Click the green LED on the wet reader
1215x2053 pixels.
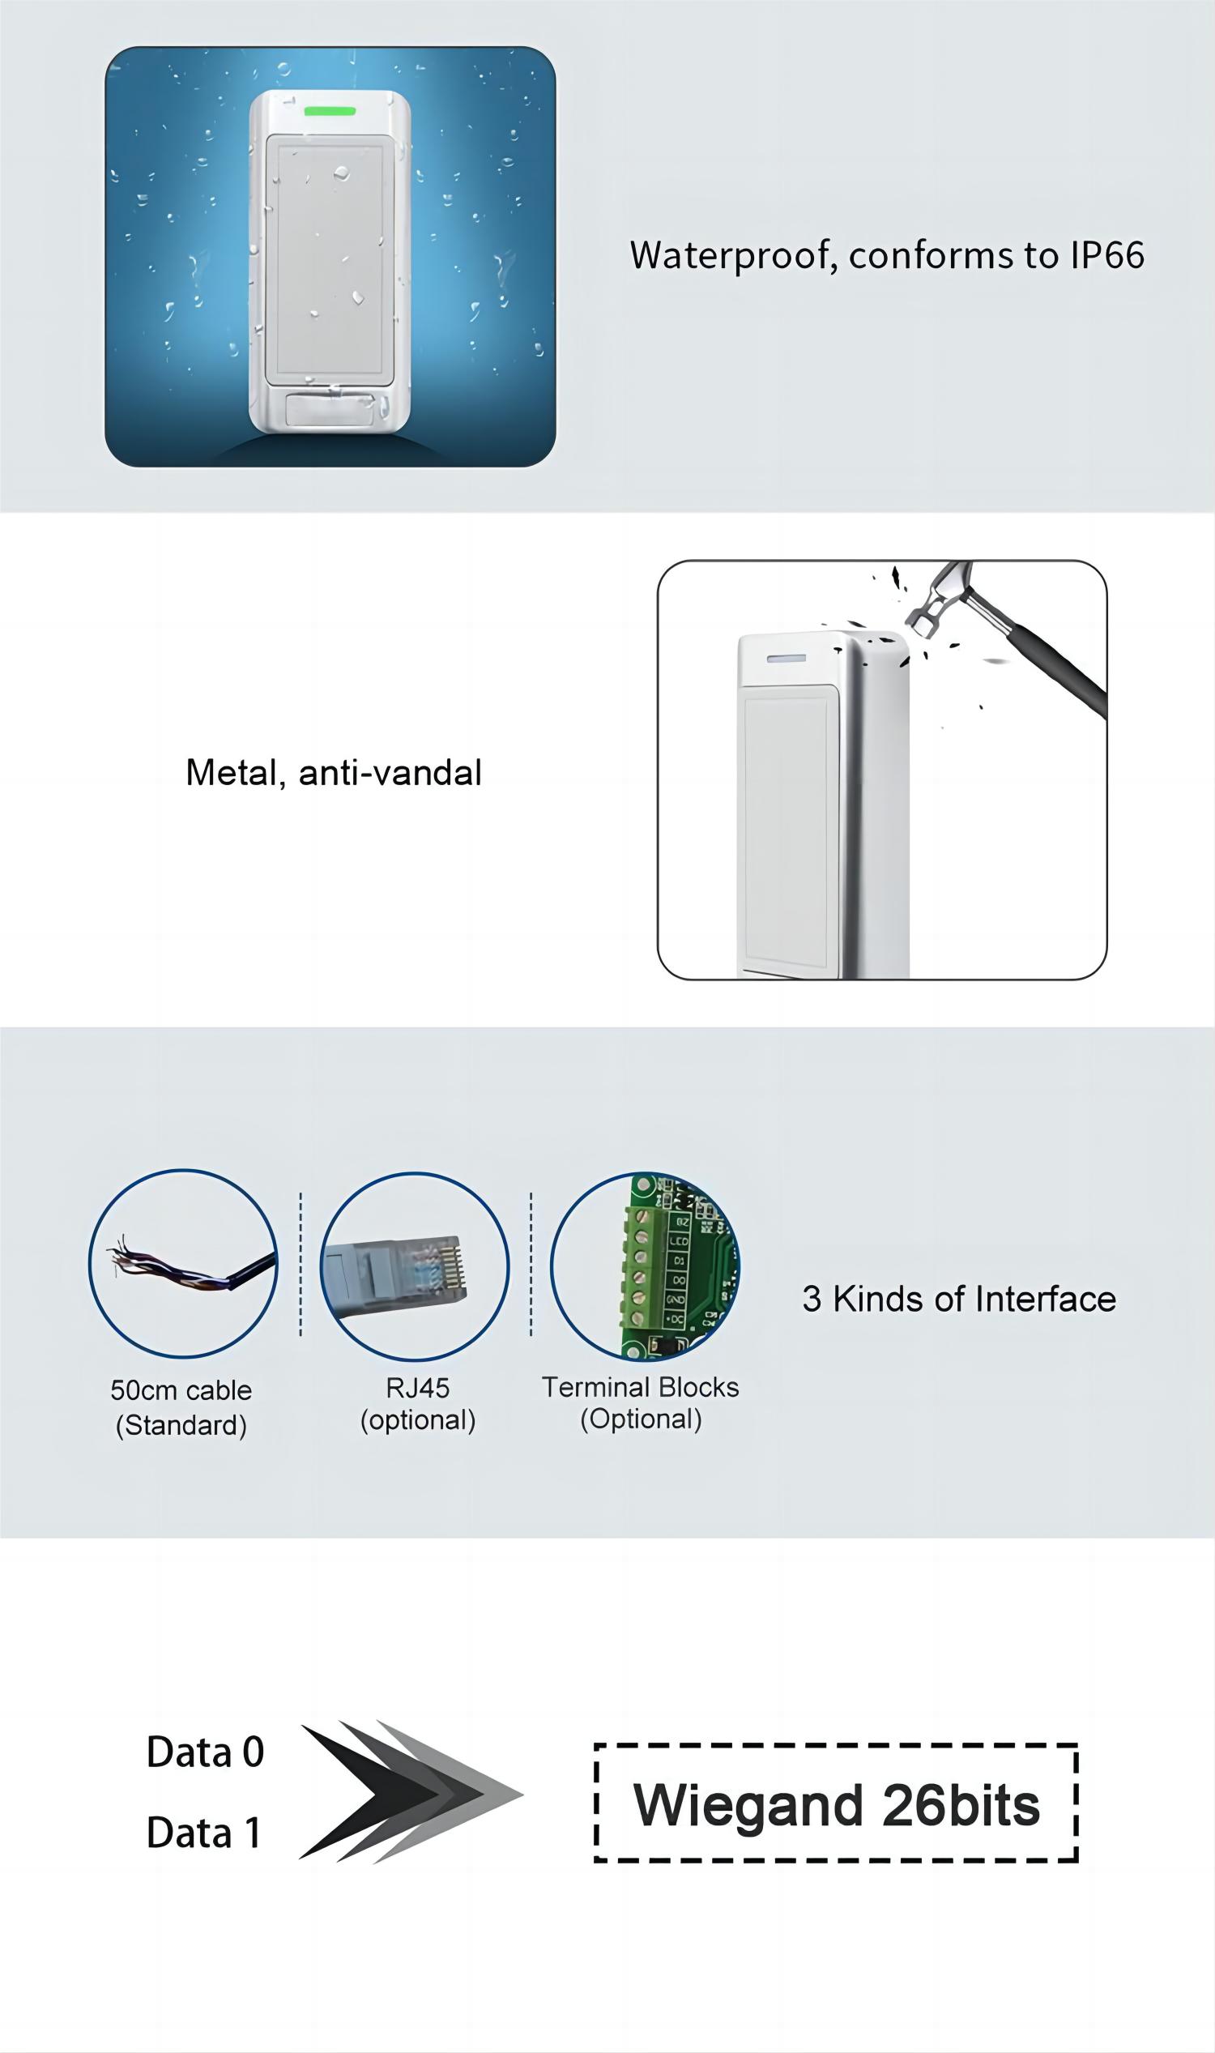tap(330, 111)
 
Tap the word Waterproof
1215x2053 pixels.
tap(734, 256)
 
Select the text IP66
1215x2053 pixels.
tap(1108, 255)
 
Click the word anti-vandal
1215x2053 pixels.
tap(390, 773)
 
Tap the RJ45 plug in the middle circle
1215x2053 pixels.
tap(394, 1271)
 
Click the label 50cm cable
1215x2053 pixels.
tap(181, 1389)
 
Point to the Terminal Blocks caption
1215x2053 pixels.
tap(640, 1402)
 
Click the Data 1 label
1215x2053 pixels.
tap(204, 1833)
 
